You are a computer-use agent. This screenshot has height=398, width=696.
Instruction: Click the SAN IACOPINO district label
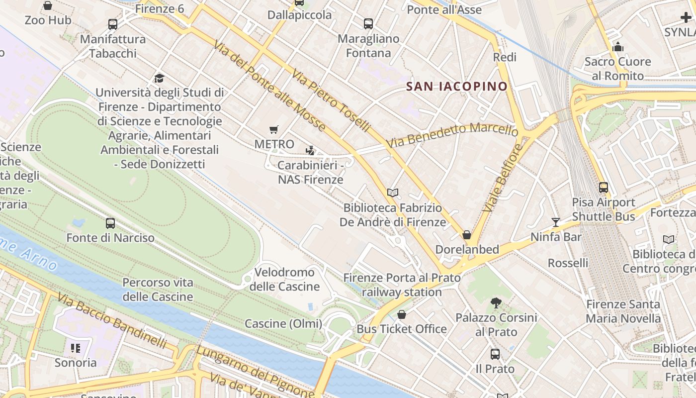pos(457,87)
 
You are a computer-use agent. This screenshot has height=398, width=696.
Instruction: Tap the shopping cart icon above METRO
pos(273,130)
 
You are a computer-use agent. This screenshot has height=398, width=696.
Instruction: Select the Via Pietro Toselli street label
pos(330,101)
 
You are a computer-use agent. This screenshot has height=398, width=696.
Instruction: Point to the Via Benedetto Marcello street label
pos(452,135)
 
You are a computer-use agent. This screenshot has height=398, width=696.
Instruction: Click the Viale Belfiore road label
pos(503,178)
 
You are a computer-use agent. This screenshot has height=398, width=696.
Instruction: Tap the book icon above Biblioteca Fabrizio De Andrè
pos(393,193)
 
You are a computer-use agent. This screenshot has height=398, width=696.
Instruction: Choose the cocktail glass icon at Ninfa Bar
pos(555,222)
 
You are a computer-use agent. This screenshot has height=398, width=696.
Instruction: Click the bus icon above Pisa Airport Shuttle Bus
pos(604,188)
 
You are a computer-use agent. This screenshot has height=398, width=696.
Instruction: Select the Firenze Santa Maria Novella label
pos(623,311)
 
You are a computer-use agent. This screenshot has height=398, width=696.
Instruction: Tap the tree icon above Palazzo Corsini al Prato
pos(496,302)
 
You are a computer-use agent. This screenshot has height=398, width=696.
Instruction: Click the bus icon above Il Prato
pos(495,354)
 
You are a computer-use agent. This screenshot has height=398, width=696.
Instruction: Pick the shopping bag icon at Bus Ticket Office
pos(402,314)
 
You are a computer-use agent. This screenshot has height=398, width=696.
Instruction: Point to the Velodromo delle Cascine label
pos(284,279)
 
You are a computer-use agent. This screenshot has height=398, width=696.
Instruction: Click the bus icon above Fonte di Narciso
pos(110,223)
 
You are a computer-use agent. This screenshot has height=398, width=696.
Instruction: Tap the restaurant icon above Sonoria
pos(76,348)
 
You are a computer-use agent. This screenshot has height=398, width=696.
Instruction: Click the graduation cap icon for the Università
pos(159,78)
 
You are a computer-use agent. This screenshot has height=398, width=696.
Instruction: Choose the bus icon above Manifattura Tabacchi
pos(113,24)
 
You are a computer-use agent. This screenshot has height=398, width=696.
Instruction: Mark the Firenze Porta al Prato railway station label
pos(402,285)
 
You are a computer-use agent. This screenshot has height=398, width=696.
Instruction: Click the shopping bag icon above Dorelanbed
pos(467,235)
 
